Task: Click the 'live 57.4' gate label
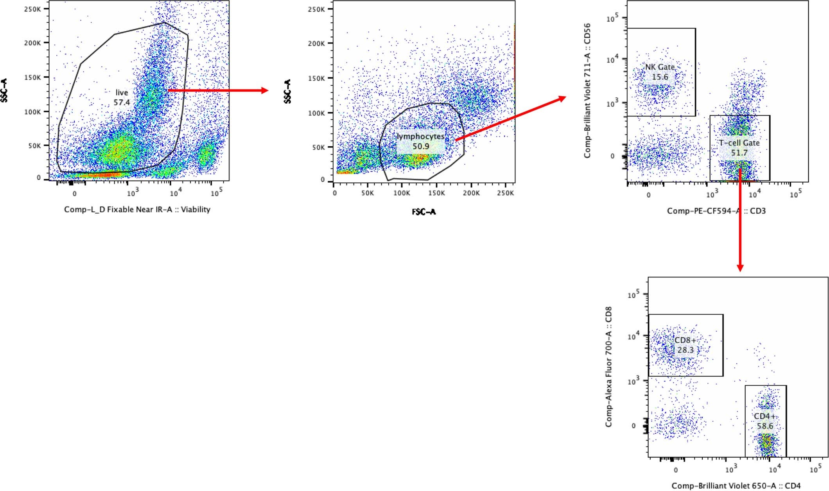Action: coord(122,98)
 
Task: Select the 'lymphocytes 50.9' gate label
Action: coord(421,142)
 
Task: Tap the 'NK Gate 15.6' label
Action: coord(660,72)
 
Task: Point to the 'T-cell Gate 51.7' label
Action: coord(739,148)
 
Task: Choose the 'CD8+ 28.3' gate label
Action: coord(685,345)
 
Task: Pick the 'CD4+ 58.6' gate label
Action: coord(765,421)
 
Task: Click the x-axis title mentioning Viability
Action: coord(137,210)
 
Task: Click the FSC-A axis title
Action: coord(423,212)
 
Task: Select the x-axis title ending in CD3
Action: coord(716,211)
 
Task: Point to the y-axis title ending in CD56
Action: coord(587,91)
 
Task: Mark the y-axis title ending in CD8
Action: coord(608,367)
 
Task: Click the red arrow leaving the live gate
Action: coord(217,91)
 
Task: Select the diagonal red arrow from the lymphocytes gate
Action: coord(510,118)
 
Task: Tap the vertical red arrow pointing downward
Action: coord(740,219)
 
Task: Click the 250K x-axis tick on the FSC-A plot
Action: coord(506,193)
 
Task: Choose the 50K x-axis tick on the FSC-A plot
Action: coord(368,193)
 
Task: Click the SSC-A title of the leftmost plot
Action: coord(4,90)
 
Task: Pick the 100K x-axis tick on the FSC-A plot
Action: coord(402,193)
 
